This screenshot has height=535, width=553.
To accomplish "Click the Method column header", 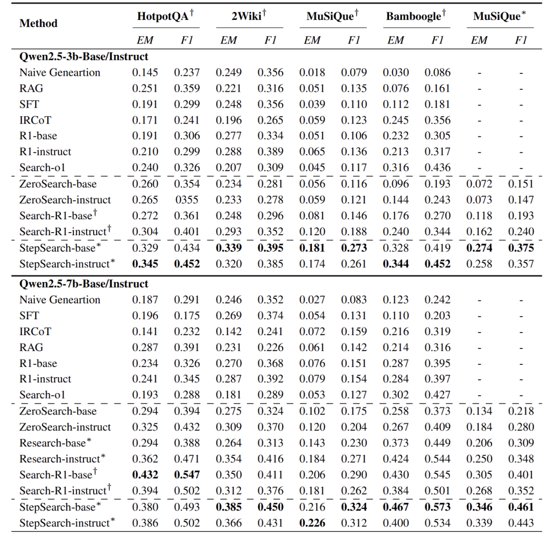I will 38,24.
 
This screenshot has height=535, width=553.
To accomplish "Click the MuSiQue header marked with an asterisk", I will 500,16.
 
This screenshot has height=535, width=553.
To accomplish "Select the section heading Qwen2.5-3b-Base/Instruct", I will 84,56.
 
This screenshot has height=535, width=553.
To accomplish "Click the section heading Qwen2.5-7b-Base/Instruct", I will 84,284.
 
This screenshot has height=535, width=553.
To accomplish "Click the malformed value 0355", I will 187,200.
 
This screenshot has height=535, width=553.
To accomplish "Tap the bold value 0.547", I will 187,475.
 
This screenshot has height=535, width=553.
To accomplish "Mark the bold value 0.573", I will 437,507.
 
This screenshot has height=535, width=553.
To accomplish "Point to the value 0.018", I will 312,73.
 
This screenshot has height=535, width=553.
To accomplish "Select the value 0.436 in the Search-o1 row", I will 437,168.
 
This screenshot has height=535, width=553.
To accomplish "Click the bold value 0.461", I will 521,507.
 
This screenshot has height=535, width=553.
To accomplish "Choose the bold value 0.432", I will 145,475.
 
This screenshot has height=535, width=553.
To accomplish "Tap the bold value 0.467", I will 396,507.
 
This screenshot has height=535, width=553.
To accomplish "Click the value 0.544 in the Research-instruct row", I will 437,459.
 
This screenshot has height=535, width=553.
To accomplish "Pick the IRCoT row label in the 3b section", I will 35,120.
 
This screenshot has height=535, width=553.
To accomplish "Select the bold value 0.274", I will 479,248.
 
